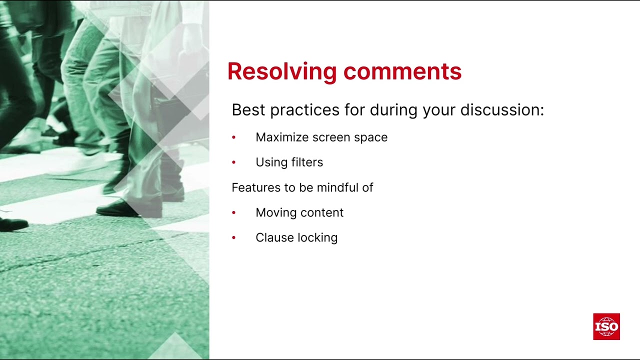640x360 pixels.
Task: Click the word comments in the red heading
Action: [402, 71]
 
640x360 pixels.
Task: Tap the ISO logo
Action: [606, 327]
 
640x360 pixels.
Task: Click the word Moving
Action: [274, 212]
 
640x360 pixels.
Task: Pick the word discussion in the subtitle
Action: [501, 110]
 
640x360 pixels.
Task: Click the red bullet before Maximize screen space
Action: [233, 137]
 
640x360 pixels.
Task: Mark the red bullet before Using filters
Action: [233, 162]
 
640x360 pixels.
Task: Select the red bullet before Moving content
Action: [233, 212]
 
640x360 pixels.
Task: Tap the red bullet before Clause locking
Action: [233, 238]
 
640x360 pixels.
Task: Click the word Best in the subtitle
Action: [248, 110]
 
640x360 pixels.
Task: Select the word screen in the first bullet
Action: [331, 137]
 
